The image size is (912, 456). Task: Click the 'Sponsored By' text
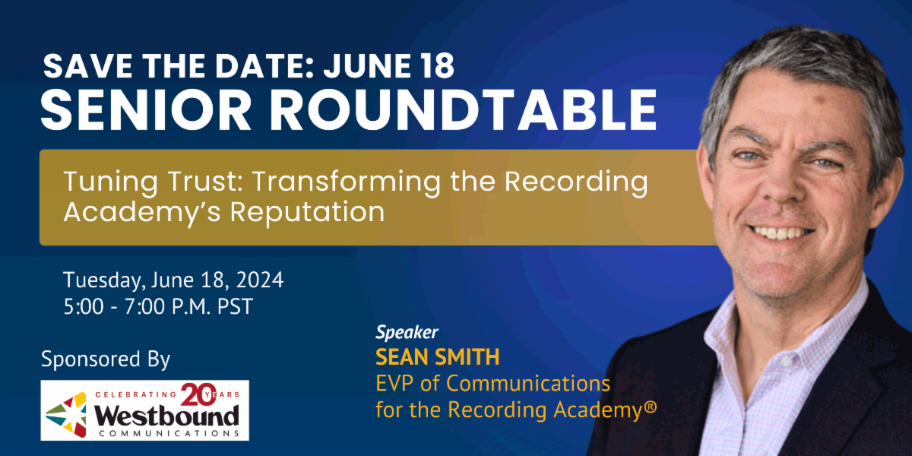coord(106,358)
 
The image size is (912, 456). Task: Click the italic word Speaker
coord(407,332)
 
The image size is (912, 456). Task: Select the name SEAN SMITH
coord(437,356)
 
